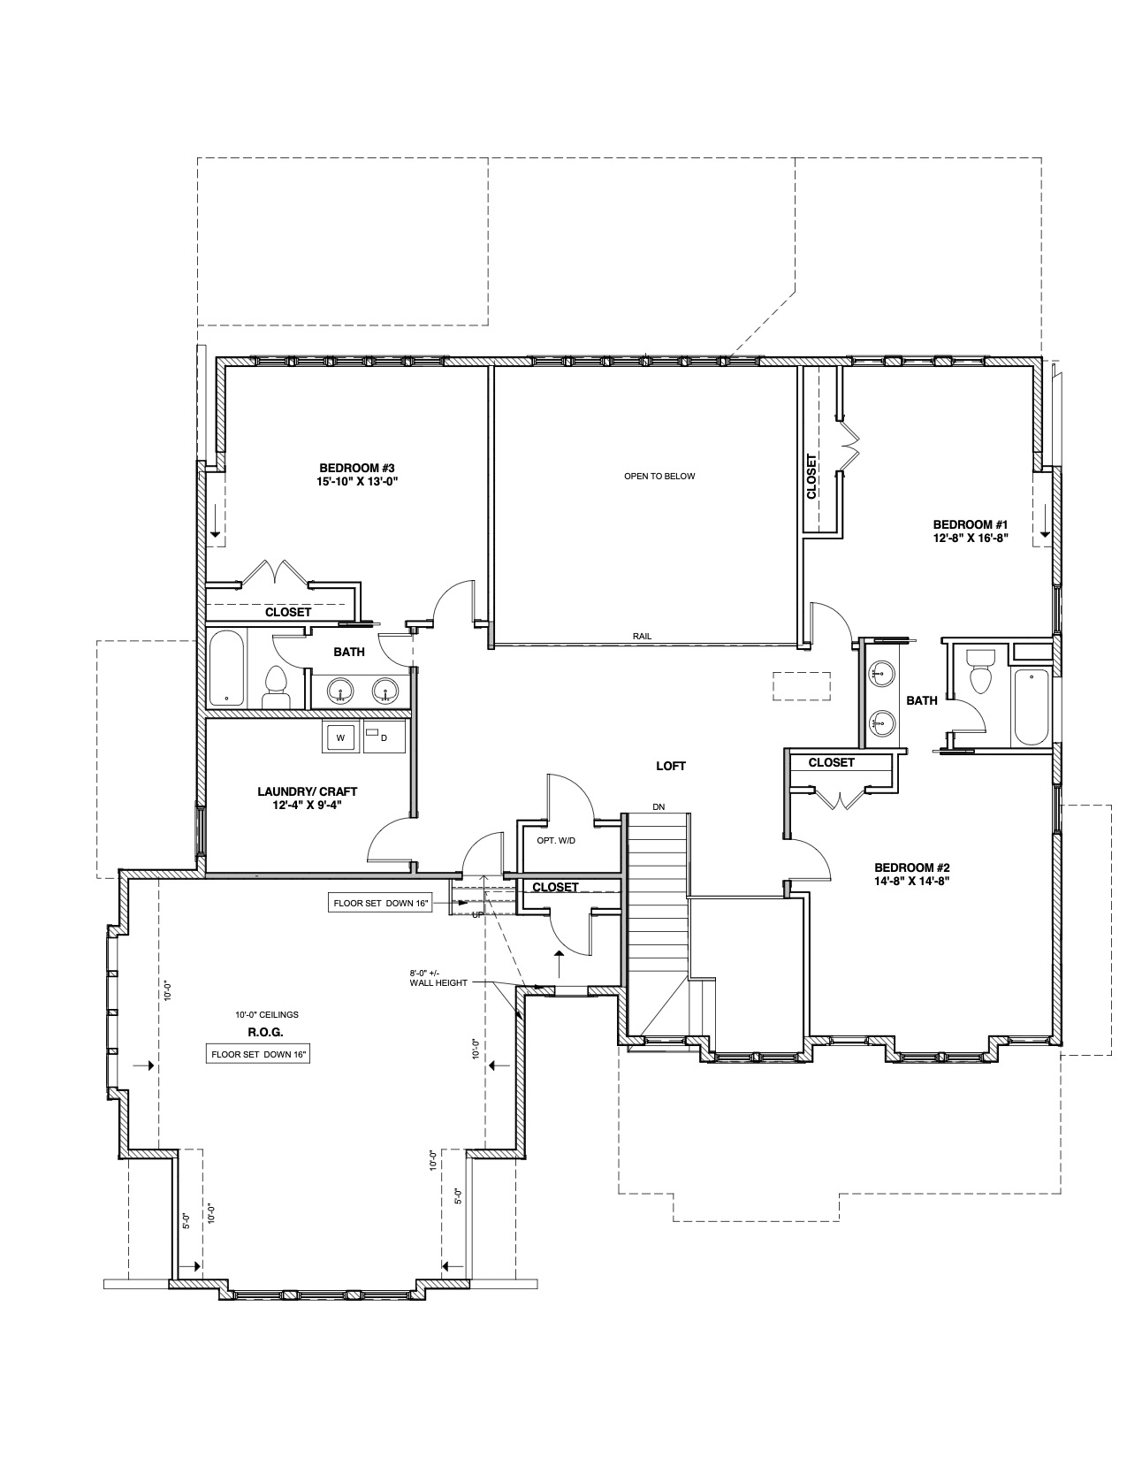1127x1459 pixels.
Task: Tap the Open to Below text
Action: [659, 476]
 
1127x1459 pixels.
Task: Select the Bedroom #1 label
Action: [971, 531]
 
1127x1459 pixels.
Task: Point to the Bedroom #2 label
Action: [911, 874]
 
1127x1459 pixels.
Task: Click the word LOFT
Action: [671, 766]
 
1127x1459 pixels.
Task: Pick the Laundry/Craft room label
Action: [307, 798]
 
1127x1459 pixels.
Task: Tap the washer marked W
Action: [341, 737]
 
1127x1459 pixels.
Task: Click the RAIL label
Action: [642, 637]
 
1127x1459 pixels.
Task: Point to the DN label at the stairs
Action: [659, 806]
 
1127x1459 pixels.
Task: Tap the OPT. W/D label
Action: [556, 840]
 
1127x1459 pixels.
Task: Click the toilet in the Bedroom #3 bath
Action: [276, 688]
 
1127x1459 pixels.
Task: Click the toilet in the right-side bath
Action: [980, 672]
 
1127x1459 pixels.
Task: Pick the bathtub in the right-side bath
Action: [1031, 707]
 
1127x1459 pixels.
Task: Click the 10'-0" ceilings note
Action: [266, 1014]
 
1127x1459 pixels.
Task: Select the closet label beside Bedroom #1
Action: [811, 476]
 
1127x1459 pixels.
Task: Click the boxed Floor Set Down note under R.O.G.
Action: [259, 1054]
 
